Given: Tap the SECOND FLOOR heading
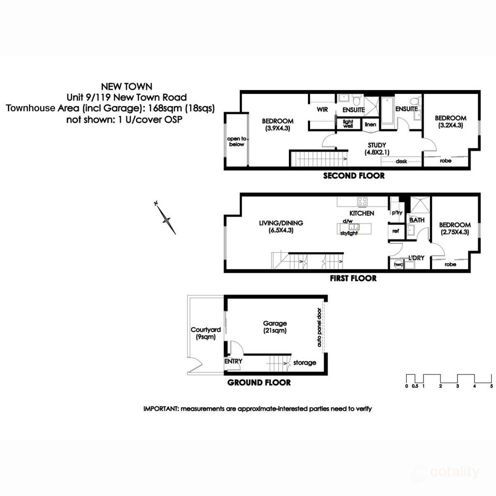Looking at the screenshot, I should [353, 176].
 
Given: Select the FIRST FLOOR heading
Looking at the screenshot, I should [353, 279].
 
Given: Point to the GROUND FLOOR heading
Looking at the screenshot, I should [259, 383].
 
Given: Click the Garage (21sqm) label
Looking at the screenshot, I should [275, 327].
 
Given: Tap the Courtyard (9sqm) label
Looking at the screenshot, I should [205, 333].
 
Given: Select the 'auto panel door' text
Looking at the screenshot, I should [319, 328].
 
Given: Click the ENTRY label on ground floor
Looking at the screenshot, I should [233, 361].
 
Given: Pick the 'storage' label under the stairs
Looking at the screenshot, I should [305, 363].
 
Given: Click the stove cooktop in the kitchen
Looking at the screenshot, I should [362, 202].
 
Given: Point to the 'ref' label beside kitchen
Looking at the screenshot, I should [396, 231].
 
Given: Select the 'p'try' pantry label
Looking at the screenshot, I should [396, 212].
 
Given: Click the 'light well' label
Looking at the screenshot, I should [348, 124].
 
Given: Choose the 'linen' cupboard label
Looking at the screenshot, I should [370, 124].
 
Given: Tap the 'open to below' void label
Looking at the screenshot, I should [236, 141].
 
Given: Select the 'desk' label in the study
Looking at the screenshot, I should [401, 161].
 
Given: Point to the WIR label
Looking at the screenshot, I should [322, 110].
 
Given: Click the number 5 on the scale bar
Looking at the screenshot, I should [491, 386].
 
